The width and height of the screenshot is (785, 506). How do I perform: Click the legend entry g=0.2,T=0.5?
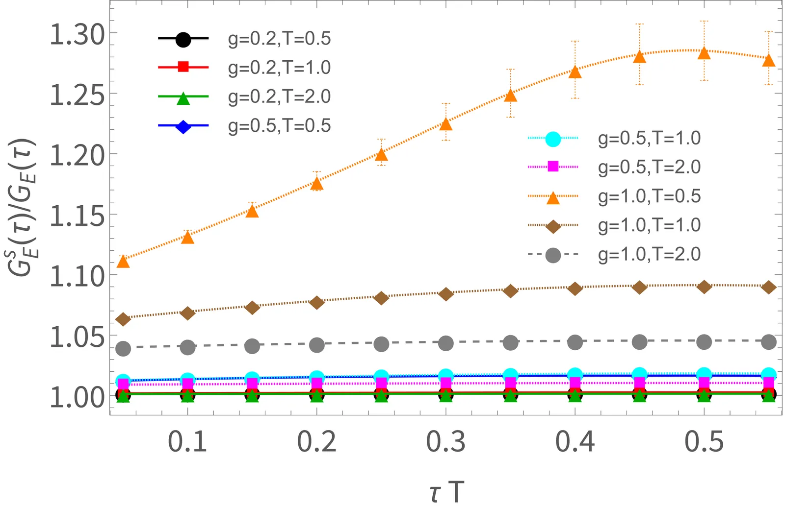pyautogui.click(x=279, y=39)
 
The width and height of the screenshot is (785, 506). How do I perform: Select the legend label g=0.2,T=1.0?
pyautogui.click(x=279, y=68)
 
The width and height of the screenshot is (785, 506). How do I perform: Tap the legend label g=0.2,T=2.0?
pyautogui.click(x=279, y=96)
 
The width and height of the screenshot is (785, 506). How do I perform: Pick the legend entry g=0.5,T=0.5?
pyautogui.click(x=279, y=126)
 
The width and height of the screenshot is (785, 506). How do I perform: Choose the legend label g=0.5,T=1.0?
pyautogui.click(x=649, y=139)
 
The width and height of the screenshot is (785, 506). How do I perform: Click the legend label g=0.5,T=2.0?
pyautogui.click(x=649, y=167)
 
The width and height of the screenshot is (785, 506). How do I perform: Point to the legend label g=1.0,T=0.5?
pyautogui.click(x=649, y=196)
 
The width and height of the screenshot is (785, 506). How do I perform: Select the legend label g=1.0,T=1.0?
pyautogui.click(x=649, y=225)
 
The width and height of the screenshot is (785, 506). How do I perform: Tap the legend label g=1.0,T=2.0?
pyautogui.click(x=649, y=255)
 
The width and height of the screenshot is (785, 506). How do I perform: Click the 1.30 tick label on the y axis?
pyautogui.click(x=77, y=35)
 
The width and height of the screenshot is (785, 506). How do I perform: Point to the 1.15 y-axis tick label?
pyautogui.click(x=77, y=216)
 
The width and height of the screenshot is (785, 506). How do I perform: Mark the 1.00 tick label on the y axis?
pyautogui.click(x=77, y=397)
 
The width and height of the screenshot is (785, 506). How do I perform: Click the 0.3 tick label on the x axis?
pyautogui.click(x=445, y=442)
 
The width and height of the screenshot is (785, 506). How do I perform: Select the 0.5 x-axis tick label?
pyautogui.click(x=704, y=442)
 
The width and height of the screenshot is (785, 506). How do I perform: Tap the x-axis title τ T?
pyautogui.click(x=446, y=491)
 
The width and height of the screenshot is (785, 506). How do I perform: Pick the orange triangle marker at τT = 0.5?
pyautogui.click(x=704, y=53)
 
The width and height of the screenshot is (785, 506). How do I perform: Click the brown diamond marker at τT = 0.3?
pyautogui.click(x=445, y=294)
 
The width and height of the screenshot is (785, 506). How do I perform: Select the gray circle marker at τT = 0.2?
pyautogui.click(x=317, y=345)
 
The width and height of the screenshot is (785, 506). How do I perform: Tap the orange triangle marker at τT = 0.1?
pyautogui.click(x=187, y=238)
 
